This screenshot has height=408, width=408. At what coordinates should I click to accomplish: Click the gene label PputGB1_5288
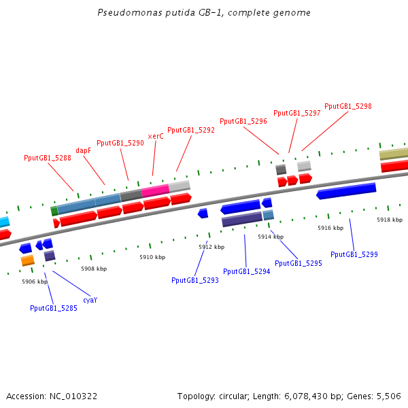click(48, 158)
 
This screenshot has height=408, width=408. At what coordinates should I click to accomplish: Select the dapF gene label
click(83, 150)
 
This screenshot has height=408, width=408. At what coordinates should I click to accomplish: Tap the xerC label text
click(156, 136)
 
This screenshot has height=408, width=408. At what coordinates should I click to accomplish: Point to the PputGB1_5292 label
click(191, 130)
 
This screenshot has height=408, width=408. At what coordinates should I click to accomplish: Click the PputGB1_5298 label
click(348, 106)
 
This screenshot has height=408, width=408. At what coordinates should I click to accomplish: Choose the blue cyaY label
click(90, 300)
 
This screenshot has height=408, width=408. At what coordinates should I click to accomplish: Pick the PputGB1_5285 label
click(54, 308)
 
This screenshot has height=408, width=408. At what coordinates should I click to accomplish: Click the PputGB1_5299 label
click(354, 254)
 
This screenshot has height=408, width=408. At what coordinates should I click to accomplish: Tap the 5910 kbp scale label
click(152, 258)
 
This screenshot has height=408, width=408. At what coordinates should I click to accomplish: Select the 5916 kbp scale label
click(330, 228)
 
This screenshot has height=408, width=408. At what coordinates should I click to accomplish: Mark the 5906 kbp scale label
click(35, 282)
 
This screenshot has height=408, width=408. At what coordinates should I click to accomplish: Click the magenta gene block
click(155, 190)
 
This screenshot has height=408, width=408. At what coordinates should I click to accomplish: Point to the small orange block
click(27, 260)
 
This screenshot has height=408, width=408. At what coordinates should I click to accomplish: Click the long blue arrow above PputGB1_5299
click(346, 191)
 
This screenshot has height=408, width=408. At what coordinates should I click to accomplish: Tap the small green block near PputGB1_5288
click(54, 211)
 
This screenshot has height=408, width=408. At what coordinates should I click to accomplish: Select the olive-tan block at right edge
click(394, 154)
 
